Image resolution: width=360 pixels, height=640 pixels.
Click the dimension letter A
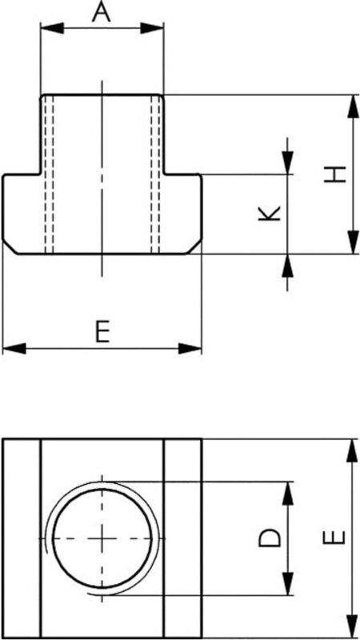click(101, 13)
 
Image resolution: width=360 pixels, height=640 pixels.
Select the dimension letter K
click(270, 213)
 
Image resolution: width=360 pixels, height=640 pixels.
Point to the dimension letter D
click(271, 538)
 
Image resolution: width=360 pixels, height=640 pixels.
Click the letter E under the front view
click(101, 331)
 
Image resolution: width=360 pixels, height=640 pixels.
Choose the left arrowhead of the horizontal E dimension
click(12, 348)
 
